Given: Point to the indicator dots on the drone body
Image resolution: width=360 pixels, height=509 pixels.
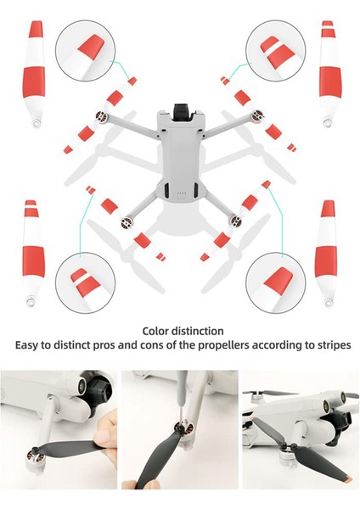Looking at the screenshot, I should tap(180, 193).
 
